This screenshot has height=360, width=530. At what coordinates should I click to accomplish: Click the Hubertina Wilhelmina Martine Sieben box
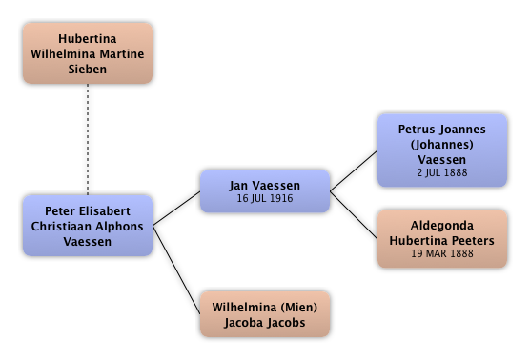click(x=88, y=53)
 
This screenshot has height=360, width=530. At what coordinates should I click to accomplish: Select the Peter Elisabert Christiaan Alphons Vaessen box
click(x=88, y=226)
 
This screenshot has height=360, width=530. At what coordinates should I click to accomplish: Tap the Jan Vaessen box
click(x=265, y=191)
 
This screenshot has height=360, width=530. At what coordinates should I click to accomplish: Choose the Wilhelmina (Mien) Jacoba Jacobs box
click(x=265, y=314)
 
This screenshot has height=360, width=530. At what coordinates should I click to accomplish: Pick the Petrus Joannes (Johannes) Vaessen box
click(x=442, y=150)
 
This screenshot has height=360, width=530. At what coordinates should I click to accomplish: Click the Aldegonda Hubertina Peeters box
click(x=442, y=239)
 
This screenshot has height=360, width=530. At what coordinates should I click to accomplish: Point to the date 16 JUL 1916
click(x=265, y=198)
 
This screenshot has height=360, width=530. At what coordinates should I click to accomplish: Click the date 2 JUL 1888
click(x=442, y=172)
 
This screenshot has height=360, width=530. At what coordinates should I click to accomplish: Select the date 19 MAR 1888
click(x=442, y=253)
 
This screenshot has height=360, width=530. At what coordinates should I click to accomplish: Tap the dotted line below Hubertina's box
click(x=88, y=139)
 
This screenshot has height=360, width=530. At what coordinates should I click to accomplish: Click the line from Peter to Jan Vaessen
click(x=176, y=209)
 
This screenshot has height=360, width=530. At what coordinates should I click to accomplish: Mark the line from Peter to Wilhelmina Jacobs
click(x=176, y=270)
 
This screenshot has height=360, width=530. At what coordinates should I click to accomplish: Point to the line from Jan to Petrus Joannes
click(x=354, y=170)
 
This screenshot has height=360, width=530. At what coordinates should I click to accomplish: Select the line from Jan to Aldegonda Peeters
click(x=354, y=215)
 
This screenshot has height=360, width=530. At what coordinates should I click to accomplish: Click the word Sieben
click(x=88, y=69)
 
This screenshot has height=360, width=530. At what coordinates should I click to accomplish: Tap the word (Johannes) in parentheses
click(x=442, y=145)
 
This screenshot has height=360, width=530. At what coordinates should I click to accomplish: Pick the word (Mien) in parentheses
click(x=298, y=308)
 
